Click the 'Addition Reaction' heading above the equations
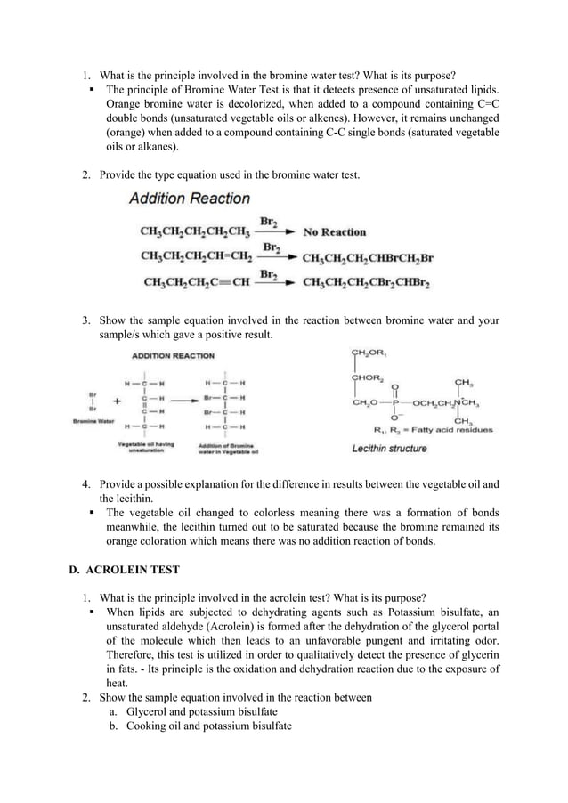click(189, 199)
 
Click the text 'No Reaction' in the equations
click(335, 232)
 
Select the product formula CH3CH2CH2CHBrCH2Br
click(368, 258)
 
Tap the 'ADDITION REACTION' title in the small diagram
click(173, 355)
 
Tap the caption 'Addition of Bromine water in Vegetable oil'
click(228, 447)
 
